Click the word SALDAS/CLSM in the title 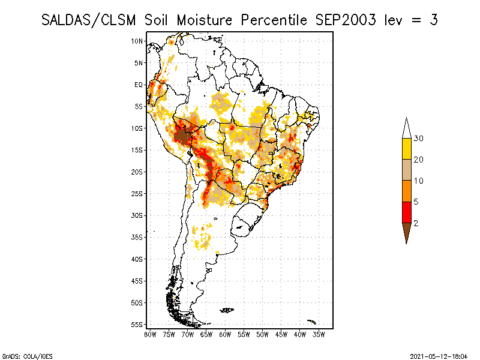(88, 20)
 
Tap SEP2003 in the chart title (346, 20)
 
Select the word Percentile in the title (274, 20)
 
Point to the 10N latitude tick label (137, 41)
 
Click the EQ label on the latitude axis (139, 85)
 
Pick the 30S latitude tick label (137, 215)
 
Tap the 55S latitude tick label (137, 325)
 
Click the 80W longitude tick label (150, 335)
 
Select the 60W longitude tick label (225, 335)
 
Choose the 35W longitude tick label (319, 335)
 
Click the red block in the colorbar (407, 212)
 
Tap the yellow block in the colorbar (407, 149)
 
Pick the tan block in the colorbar (407, 170)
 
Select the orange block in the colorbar (407, 191)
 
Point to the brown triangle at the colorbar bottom (407, 231)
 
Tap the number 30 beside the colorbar (418, 139)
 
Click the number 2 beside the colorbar (416, 223)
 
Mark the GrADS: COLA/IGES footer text (27, 356)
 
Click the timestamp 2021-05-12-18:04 (439, 356)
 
